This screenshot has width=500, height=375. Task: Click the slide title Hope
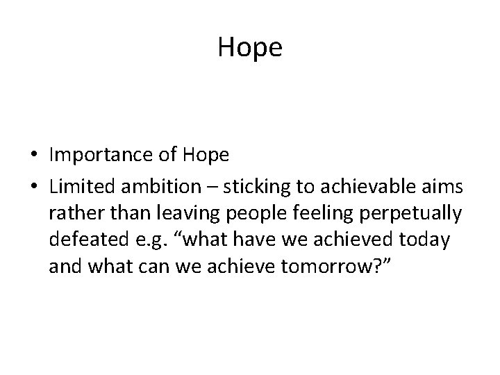(250, 48)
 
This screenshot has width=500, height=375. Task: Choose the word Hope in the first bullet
(206, 156)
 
